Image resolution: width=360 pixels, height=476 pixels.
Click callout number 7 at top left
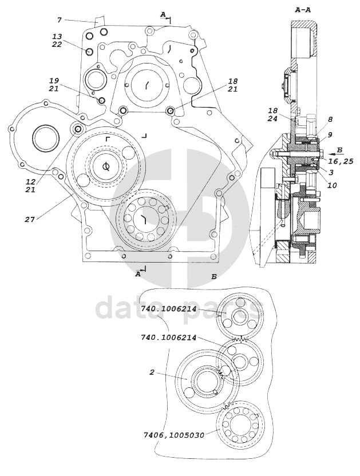(60, 21)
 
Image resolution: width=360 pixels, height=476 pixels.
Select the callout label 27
(30, 219)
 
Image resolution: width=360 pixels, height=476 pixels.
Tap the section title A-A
(303, 10)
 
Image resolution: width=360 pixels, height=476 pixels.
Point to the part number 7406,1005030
(174, 435)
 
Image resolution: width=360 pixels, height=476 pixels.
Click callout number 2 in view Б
(152, 372)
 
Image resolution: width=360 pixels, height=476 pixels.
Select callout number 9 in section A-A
(330, 134)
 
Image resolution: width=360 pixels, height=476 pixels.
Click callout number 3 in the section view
(331, 172)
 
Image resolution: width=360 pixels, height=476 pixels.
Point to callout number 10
(332, 185)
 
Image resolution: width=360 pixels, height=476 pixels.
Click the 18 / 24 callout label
(273, 114)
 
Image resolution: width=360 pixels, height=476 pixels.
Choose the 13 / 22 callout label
(57, 41)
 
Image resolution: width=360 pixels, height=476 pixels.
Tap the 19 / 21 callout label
(54, 85)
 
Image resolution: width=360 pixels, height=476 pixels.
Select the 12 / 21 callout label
(30, 186)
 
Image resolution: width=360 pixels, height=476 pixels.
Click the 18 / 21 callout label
(233, 85)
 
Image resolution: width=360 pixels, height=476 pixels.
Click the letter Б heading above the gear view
(214, 277)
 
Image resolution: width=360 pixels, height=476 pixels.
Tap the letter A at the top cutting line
(163, 14)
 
